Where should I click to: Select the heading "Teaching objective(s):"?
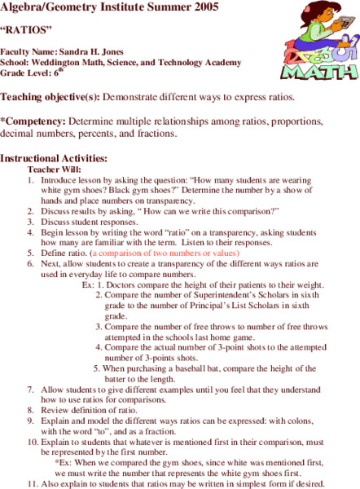click(50, 98)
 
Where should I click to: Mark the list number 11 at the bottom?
click(32, 482)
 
